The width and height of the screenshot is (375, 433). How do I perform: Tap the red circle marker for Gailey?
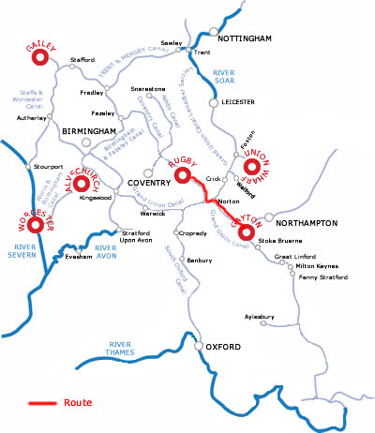point(40,57)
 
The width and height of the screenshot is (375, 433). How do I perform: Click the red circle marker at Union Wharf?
point(251,167)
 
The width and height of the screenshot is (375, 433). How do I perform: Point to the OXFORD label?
point(225,348)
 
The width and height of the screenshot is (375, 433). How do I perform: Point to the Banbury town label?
point(200,260)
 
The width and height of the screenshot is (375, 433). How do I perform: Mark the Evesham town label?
point(79,255)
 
